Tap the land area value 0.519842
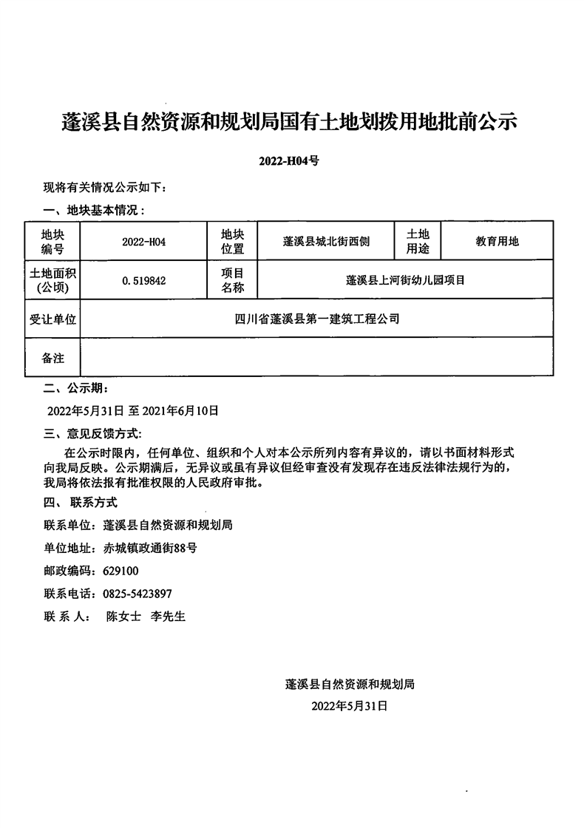pos(143,280)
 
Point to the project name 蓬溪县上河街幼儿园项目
pos(405,280)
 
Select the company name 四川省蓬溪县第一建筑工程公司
pos(316,319)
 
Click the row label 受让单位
pos(52,319)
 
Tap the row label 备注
pos(52,358)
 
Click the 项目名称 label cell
pos(233,280)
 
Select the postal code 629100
pos(120,571)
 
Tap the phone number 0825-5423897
pos(137,593)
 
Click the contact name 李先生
pos(168,616)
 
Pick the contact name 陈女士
pos(123,616)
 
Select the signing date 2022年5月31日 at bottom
pos(350,706)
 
